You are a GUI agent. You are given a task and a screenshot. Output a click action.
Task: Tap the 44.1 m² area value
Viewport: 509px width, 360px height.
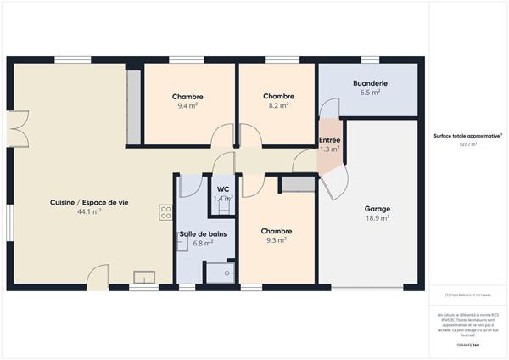(x=89, y=211)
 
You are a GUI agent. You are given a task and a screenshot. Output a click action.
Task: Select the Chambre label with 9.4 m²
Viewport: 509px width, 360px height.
(x=187, y=97)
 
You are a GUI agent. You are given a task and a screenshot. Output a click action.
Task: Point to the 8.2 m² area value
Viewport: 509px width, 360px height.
(x=278, y=107)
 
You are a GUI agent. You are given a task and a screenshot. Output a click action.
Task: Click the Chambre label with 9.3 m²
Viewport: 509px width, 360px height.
(x=277, y=231)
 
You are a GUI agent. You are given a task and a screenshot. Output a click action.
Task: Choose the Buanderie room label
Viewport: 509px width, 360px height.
(x=370, y=83)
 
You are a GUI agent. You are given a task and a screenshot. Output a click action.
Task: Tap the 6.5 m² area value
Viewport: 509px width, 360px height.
(x=370, y=93)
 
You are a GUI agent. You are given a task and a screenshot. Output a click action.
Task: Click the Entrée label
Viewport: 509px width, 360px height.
(x=330, y=140)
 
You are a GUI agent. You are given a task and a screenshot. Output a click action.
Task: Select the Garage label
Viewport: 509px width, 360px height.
(x=378, y=209)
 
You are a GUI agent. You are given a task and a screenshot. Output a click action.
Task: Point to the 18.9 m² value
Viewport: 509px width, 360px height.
(x=378, y=218)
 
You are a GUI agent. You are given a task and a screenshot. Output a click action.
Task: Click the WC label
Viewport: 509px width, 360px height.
(x=223, y=189)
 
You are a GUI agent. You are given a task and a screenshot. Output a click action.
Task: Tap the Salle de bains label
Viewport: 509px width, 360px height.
(x=202, y=233)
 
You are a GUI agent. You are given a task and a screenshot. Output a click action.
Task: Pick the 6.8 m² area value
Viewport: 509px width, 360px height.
(x=202, y=243)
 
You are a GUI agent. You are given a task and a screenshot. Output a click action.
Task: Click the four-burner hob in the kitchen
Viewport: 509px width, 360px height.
(x=165, y=213)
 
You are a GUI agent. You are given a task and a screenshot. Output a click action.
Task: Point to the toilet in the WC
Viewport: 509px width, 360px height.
(x=223, y=207)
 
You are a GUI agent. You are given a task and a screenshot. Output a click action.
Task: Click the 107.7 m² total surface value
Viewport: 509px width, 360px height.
(x=467, y=145)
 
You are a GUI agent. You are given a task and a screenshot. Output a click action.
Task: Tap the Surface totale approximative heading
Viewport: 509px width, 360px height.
(x=467, y=135)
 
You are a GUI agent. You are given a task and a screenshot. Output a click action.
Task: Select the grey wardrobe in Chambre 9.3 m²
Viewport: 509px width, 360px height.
(x=297, y=184)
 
